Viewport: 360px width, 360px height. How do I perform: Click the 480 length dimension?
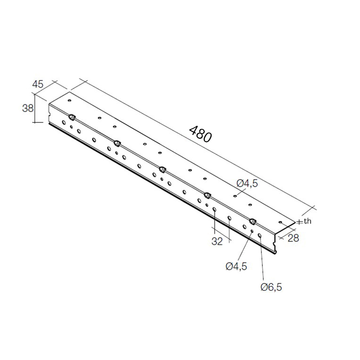pos(200,134)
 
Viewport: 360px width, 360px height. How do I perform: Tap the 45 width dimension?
pos(38,84)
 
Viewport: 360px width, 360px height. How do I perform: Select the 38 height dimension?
pos(28,108)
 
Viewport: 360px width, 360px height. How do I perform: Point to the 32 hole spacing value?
pos(217,241)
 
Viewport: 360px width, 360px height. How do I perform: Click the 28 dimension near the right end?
pos(293,238)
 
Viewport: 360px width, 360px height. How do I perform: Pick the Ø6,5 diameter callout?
pos(271,287)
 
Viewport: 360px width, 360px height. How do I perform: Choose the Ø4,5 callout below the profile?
pos(236,266)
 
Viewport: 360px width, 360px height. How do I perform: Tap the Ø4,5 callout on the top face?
pos(247,183)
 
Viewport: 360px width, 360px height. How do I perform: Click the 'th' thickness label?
pos(307,221)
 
